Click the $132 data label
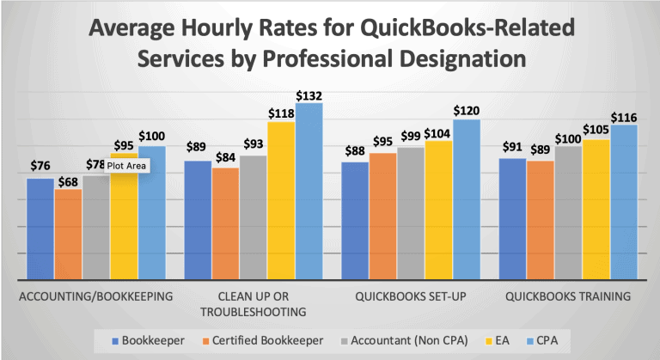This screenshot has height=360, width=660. click(x=309, y=96)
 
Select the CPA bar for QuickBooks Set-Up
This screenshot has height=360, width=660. click(x=467, y=199)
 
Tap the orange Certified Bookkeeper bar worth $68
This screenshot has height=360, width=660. click(x=68, y=235)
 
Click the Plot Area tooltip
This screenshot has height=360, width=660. click(x=126, y=166)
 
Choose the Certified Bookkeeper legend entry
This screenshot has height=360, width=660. click(x=263, y=340)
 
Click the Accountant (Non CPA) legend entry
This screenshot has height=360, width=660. click(x=404, y=340)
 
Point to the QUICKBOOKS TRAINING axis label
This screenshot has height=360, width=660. click(x=568, y=296)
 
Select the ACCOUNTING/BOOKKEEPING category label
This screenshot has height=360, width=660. click(x=96, y=296)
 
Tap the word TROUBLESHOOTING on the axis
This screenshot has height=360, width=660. click(x=254, y=312)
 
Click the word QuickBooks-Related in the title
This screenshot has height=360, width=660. click(x=467, y=27)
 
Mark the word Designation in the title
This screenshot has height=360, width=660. click(x=462, y=58)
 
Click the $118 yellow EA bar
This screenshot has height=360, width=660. click(x=282, y=200)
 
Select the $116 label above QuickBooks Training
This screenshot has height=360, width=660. click(x=624, y=118)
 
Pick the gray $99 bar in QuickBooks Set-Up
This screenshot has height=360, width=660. click(x=411, y=213)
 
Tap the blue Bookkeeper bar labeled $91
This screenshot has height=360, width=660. click(x=513, y=219)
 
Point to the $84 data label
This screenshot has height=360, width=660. click(x=226, y=158)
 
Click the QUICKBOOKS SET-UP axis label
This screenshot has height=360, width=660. click(x=411, y=296)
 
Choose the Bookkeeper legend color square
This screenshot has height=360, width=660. click(x=115, y=341)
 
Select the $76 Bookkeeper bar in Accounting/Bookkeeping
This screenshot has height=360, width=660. click(x=40, y=229)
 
